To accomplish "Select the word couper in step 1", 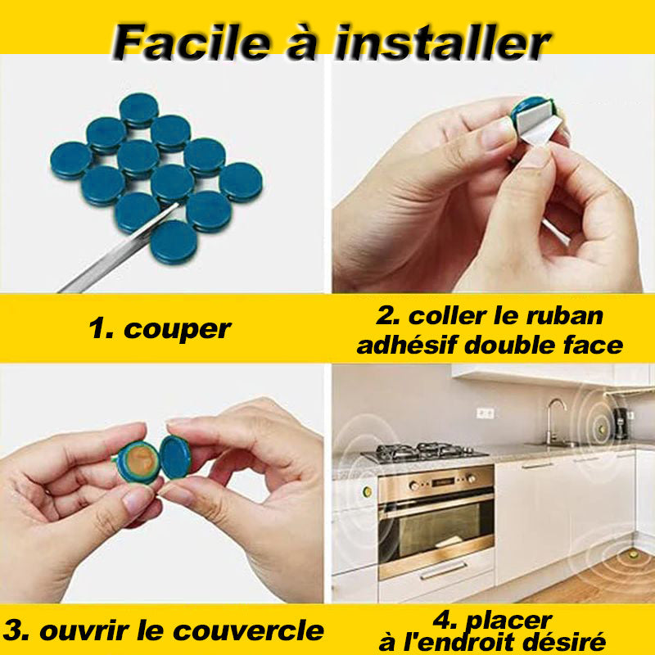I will coord(178,329).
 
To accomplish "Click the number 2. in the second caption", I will coord(388,316).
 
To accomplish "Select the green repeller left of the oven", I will coord(367,491).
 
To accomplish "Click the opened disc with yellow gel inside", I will coord(138,462).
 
